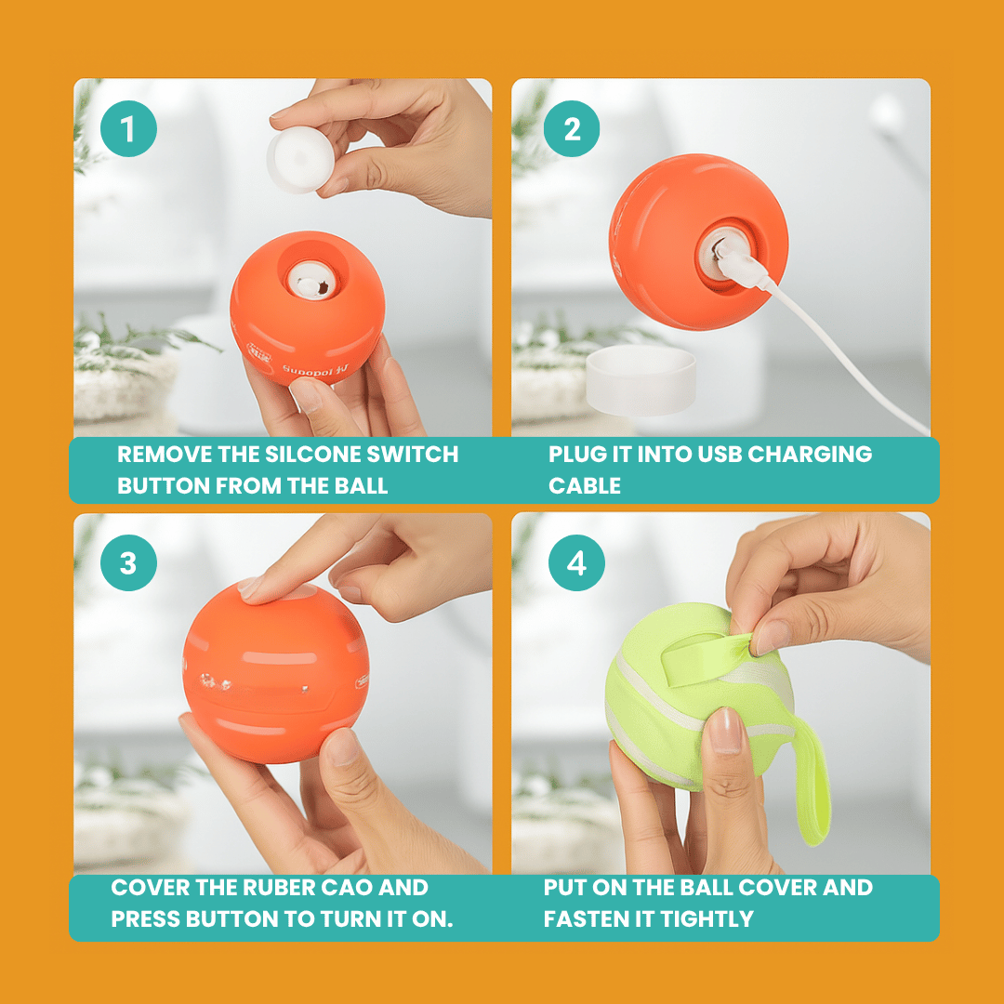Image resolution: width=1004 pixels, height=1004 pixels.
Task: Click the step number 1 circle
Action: (x=128, y=129)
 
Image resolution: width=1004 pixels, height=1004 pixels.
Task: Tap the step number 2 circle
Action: (x=572, y=129)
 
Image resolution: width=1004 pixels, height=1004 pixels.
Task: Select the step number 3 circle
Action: (x=128, y=563)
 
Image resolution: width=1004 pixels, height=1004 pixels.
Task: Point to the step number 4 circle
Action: (x=576, y=563)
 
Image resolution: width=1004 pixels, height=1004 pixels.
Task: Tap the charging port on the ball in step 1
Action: (x=310, y=280)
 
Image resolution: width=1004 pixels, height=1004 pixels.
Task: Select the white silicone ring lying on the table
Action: (x=641, y=380)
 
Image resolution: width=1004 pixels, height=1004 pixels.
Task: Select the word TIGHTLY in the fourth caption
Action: (x=706, y=919)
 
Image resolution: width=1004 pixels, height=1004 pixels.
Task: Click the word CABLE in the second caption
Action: (x=584, y=486)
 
